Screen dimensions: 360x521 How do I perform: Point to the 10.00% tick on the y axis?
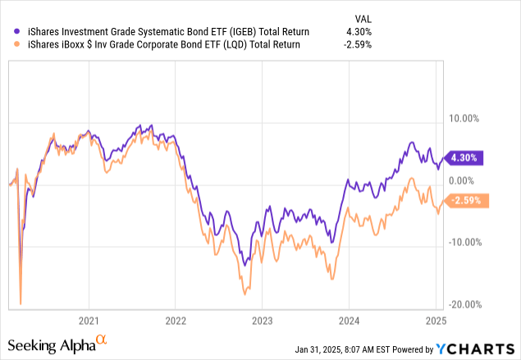pyautogui.click(x=465, y=118)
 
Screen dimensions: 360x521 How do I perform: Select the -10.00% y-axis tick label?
pyautogui.click(x=464, y=242)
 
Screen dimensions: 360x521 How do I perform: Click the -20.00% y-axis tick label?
pyautogui.click(x=464, y=304)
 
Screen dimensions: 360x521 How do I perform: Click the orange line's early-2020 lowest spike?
pyautogui.click(x=20, y=303)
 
